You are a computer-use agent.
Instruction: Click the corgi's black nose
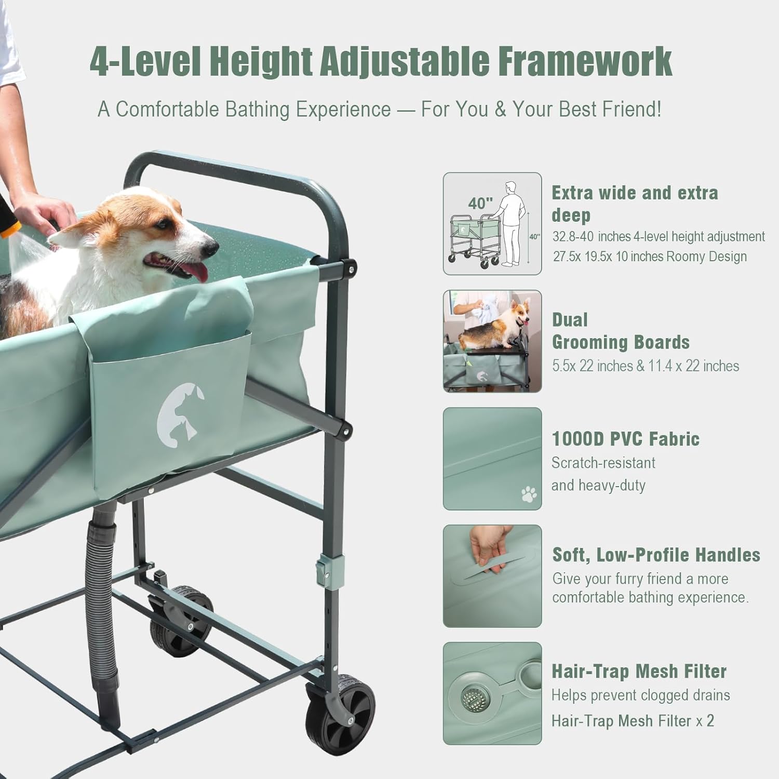pos(210,248)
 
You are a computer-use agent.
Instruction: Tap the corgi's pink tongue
pos(195,271)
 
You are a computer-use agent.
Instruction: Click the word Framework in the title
pos(585,61)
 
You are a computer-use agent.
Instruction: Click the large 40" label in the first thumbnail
pos(480,203)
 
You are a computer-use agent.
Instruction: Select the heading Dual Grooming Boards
pos(620,331)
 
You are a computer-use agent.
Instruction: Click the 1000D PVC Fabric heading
pos(625,439)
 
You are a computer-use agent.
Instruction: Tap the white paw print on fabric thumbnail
pos(529,494)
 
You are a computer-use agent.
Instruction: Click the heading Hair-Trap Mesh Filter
pos(639,671)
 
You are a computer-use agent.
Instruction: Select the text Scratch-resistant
pos(603,463)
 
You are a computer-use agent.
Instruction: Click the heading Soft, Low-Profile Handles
pos(656,555)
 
